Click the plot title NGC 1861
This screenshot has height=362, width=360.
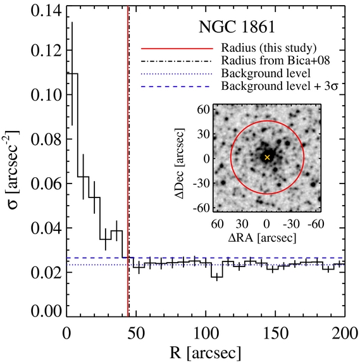pos(237,27)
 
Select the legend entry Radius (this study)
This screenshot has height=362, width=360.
pos(269,48)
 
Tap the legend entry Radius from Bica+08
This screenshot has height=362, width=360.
pos(276,61)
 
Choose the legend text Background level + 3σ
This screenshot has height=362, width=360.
pos(280,86)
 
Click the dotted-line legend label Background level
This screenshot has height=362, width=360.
pos(266,73)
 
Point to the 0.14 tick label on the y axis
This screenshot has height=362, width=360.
pos(46,11)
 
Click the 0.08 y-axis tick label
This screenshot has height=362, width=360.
pos(46,139)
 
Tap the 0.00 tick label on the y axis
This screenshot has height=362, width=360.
pos(46,311)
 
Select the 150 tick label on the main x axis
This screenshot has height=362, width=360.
pos(276,334)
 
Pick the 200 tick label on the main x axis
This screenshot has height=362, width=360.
pos(345,334)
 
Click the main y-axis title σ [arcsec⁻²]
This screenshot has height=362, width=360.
pos(13,170)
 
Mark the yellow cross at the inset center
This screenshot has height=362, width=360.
pos(267,158)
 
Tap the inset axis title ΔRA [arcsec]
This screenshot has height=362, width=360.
pos(262,238)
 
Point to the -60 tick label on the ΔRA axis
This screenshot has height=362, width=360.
pos(316,223)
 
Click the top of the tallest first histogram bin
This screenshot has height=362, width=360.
pos(72,73)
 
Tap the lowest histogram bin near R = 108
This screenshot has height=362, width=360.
pos(217,277)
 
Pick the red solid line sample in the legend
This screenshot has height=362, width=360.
pos(177,49)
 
